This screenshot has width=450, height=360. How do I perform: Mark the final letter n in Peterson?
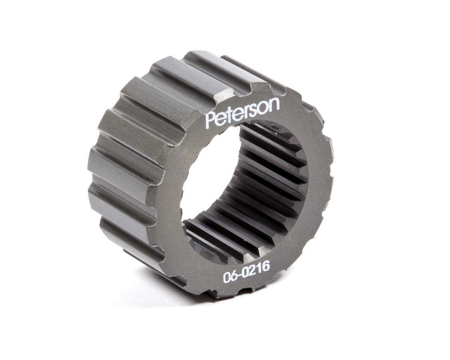point(274,105)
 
